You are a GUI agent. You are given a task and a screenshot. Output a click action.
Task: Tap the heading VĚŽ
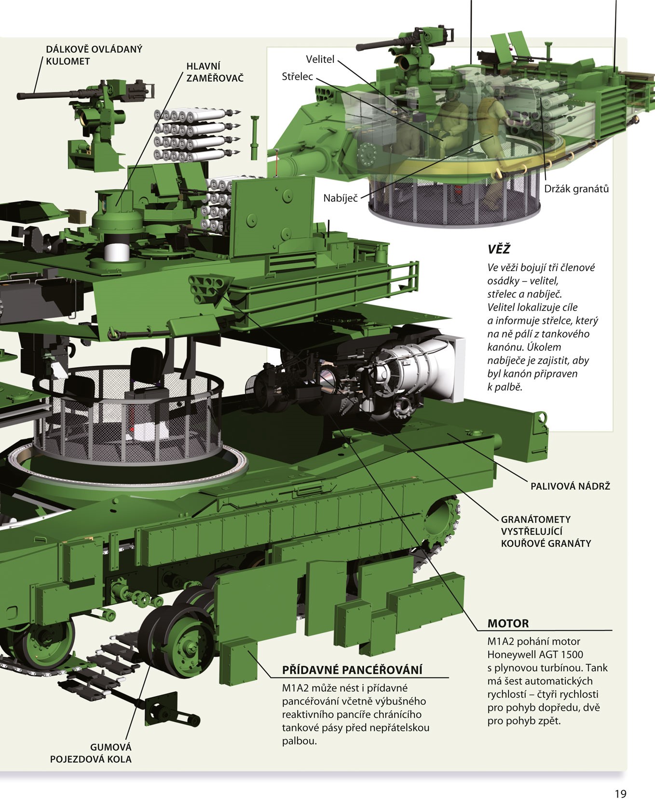click(x=499, y=249)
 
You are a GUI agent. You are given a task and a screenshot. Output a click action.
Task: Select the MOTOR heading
click(x=508, y=623)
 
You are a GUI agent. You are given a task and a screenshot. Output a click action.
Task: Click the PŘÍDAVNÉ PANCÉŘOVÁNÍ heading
click(x=352, y=670)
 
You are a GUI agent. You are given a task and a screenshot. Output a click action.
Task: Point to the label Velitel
click(x=320, y=59)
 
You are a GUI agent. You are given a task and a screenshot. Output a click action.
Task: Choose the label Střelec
click(x=297, y=77)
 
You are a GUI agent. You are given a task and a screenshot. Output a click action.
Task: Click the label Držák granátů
click(x=576, y=189)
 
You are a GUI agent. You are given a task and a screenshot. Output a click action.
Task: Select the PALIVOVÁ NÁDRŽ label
click(x=570, y=486)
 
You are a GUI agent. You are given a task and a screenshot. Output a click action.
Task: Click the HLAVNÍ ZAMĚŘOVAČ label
click(x=215, y=71)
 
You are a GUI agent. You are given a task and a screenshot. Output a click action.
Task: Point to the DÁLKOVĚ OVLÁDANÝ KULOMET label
click(x=94, y=55)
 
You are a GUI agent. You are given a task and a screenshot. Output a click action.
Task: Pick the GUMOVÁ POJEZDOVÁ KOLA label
click(x=91, y=753)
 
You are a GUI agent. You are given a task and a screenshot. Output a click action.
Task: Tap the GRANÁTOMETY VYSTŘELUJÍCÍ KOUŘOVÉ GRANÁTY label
click(x=546, y=531)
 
